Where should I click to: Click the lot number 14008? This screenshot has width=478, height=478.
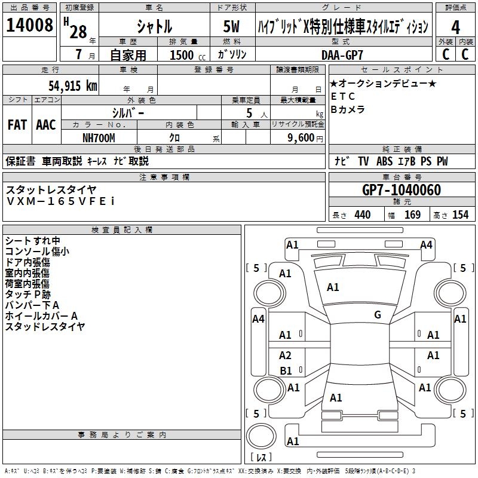(29, 25)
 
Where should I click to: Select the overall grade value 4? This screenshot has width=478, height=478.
(455, 27)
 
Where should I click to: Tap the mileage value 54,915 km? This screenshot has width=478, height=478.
(73, 86)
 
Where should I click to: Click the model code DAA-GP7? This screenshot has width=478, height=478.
(342, 55)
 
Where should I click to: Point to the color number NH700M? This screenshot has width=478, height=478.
(99, 138)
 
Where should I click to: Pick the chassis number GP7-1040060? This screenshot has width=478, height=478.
(402, 190)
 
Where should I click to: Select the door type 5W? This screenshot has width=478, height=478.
(231, 26)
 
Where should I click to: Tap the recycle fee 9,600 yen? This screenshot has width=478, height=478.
(305, 138)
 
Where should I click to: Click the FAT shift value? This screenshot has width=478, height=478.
(17, 125)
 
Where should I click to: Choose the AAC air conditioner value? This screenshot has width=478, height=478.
(46, 125)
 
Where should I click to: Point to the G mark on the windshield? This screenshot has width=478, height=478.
(378, 315)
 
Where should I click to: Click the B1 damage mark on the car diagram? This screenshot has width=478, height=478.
(286, 370)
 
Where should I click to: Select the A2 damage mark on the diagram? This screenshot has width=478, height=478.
(285, 355)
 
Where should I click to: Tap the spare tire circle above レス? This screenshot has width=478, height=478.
(261, 436)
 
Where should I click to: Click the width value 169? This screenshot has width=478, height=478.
(412, 215)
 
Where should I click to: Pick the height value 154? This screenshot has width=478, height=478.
(460, 215)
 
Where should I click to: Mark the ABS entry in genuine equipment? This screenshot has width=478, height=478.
(384, 161)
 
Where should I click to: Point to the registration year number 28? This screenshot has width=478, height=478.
(78, 32)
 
